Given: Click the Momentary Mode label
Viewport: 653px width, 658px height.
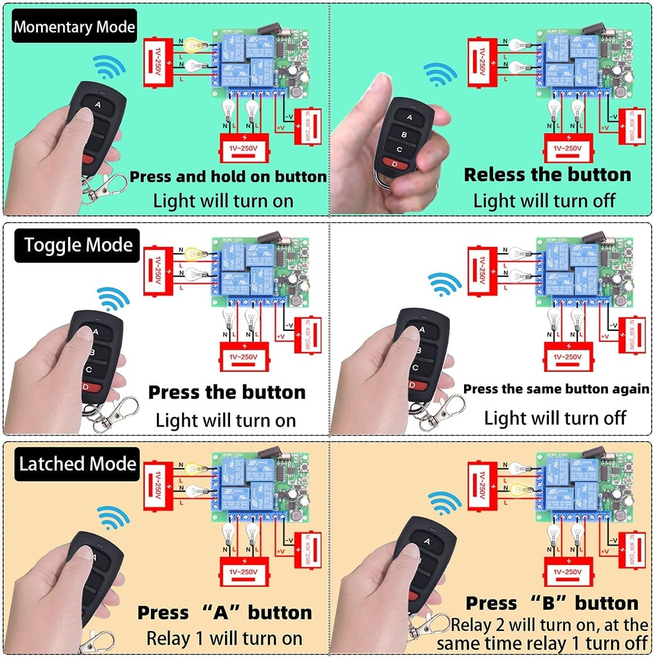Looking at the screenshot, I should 75,27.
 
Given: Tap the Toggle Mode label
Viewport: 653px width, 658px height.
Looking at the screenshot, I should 78,245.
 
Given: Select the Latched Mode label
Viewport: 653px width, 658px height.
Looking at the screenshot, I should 78,464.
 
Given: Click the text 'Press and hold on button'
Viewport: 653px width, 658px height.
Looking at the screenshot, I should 228,177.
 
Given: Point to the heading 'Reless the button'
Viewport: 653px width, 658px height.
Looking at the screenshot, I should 548,174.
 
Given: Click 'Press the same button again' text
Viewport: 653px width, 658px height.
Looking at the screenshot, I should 557,389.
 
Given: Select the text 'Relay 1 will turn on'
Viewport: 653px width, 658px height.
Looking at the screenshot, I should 224,638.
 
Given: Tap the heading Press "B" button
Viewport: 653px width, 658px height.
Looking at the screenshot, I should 552,603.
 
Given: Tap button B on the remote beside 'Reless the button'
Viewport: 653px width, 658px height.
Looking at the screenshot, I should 404,134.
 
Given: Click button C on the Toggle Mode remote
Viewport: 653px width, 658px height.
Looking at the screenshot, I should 88,369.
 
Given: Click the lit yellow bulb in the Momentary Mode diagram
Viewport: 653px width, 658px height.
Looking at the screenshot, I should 192,45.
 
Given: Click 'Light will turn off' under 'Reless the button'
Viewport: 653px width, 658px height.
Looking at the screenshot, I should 544,200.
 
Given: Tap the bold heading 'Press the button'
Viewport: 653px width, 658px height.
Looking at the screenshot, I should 227,392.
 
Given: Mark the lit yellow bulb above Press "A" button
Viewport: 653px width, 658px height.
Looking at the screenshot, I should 193,468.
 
